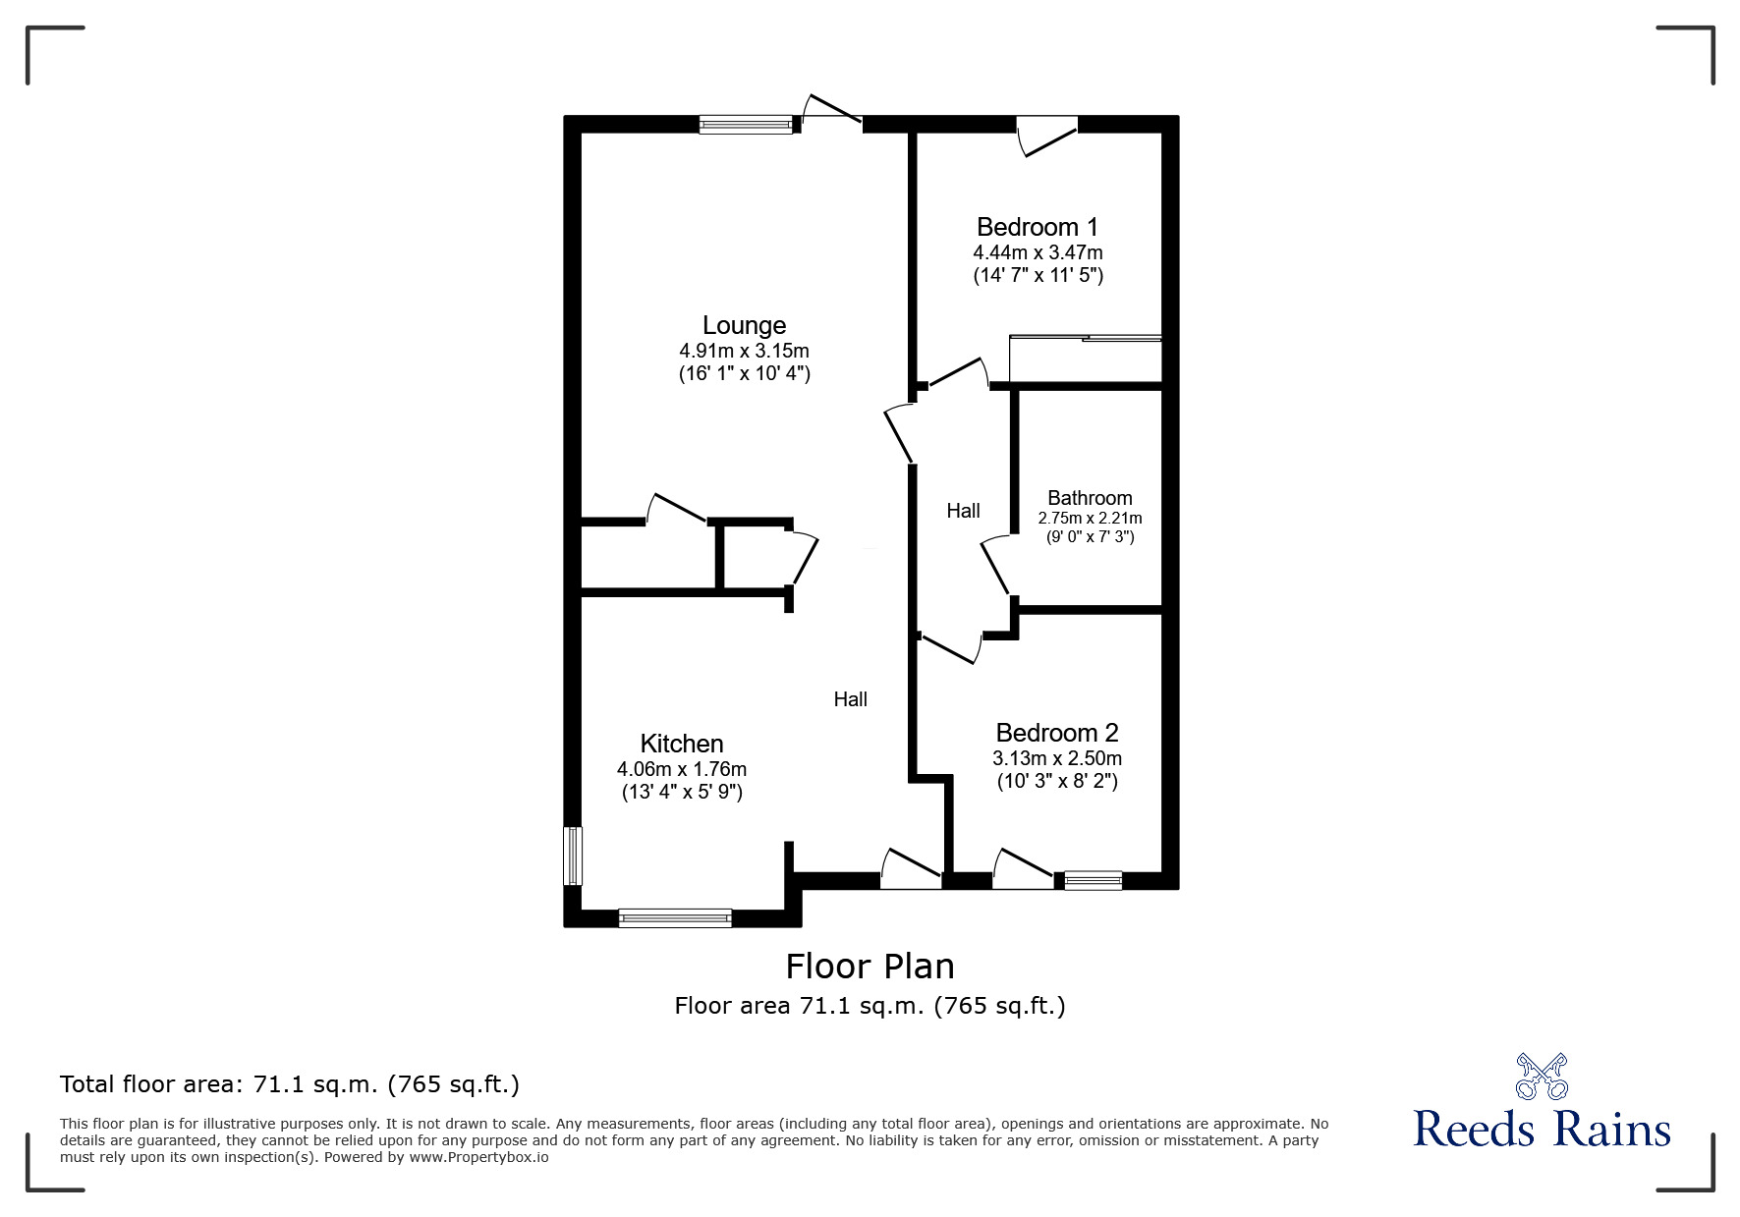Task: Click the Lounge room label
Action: coord(744,325)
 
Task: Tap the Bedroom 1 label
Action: coord(1038,228)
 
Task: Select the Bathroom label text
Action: coord(1090,498)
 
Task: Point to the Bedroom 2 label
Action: coord(1057,733)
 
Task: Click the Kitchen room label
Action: coord(682,744)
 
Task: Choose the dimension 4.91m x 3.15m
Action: coord(744,351)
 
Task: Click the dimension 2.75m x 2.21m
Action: coord(1090,518)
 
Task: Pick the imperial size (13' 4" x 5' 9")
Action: coord(682,792)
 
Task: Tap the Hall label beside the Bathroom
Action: coord(963,511)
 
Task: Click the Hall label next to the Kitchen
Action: coord(851,699)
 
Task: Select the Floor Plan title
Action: coord(870,967)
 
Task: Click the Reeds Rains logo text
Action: coord(1543,1129)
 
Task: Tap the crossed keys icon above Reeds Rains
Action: coord(1542,1076)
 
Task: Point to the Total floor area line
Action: coord(290,1084)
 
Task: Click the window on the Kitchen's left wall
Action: coord(572,856)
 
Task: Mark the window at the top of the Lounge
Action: coord(746,125)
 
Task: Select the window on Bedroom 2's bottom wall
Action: coord(1093,880)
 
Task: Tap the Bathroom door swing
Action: coord(996,565)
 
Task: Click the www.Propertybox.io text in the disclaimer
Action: coord(479,1157)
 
